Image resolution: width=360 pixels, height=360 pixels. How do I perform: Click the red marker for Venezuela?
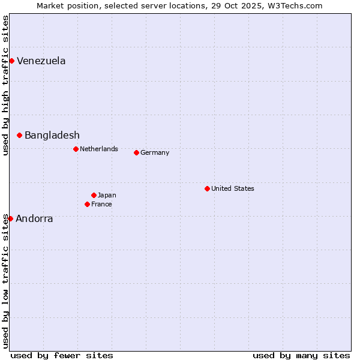pyautogui.click(x=11, y=61)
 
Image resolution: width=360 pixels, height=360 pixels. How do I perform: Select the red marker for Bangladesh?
pyautogui.click(x=20, y=136)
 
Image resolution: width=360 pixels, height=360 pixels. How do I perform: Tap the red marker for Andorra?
pyautogui.click(x=10, y=218)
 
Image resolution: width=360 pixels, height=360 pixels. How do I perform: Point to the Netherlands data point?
pyautogui.click(x=76, y=149)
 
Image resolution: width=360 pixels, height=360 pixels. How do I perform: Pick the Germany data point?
pyautogui.click(x=136, y=152)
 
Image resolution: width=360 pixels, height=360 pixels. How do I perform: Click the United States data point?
pyautogui.click(x=207, y=188)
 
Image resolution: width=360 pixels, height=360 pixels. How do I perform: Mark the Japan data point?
pyautogui.click(x=94, y=195)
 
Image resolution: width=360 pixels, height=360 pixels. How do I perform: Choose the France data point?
pyautogui.click(x=87, y=204)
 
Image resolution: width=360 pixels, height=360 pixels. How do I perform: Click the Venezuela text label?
pyautogui.click(x=41, y=61)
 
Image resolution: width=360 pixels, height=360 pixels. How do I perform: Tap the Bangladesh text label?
pyautogui.click(x=52, y=136)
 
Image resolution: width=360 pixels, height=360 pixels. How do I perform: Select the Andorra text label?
pyautogui.click(x=34, y=219)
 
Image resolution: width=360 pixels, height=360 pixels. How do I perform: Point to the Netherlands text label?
pyautogui.click(x=99, y=149)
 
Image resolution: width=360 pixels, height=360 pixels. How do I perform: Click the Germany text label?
pyautogui.click(x=155, y=152)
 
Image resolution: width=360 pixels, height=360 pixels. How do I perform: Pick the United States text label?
pyautogui.click(x=233, y=188)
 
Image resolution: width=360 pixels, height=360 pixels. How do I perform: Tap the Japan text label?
pyautogui.click(x=107, y=195)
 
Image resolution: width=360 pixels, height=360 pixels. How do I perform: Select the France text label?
pyautogui.click(x=101, y=204)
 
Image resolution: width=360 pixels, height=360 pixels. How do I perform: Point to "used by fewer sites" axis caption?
pyautogui.click(x=62, y=355)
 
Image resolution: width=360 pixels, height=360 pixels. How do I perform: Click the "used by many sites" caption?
pyautogui.click(x=301, y=355)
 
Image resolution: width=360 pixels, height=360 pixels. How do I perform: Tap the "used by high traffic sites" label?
pyautogui.click(x=5, y=85)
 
